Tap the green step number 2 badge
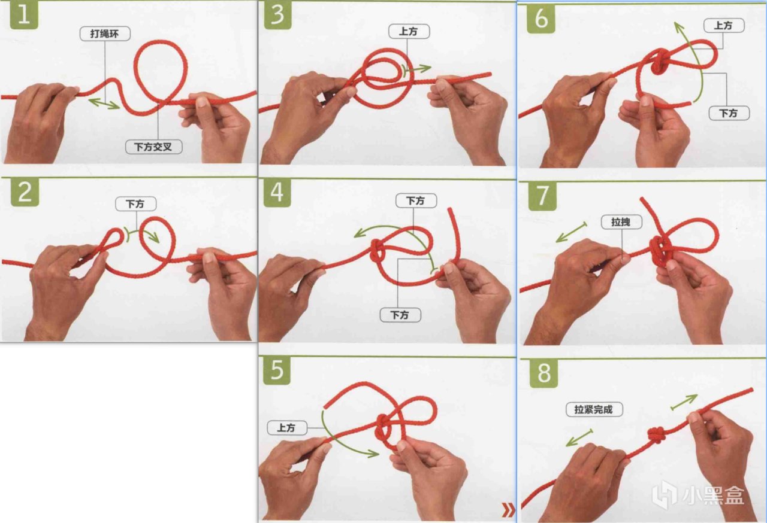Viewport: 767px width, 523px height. (25, 192)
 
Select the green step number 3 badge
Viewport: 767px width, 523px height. (277, 15)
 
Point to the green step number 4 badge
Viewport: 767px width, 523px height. (277, 193)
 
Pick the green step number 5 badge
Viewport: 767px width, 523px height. (277, 370)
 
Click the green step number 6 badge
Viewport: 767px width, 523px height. (541, 19)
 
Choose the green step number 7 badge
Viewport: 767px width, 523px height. (542, 196)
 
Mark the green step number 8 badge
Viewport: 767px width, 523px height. (543, 373)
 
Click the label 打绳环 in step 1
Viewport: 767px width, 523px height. (105, 34)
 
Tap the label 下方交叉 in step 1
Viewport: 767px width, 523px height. (153, 147)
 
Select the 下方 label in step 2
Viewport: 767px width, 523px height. (135, 203)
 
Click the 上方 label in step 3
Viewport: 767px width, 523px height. (409, 32)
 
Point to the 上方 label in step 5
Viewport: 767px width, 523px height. (287, 428)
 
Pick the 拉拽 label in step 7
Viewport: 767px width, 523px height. (621, 222)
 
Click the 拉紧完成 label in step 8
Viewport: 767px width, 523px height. (594, 409)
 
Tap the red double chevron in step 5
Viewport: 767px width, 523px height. (509, 510)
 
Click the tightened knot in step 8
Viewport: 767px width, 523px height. (657, 435)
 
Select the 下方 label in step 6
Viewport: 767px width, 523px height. (729, 113)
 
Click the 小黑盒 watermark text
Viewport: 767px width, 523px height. (714, 495)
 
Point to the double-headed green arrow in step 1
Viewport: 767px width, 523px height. (104, 104)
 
